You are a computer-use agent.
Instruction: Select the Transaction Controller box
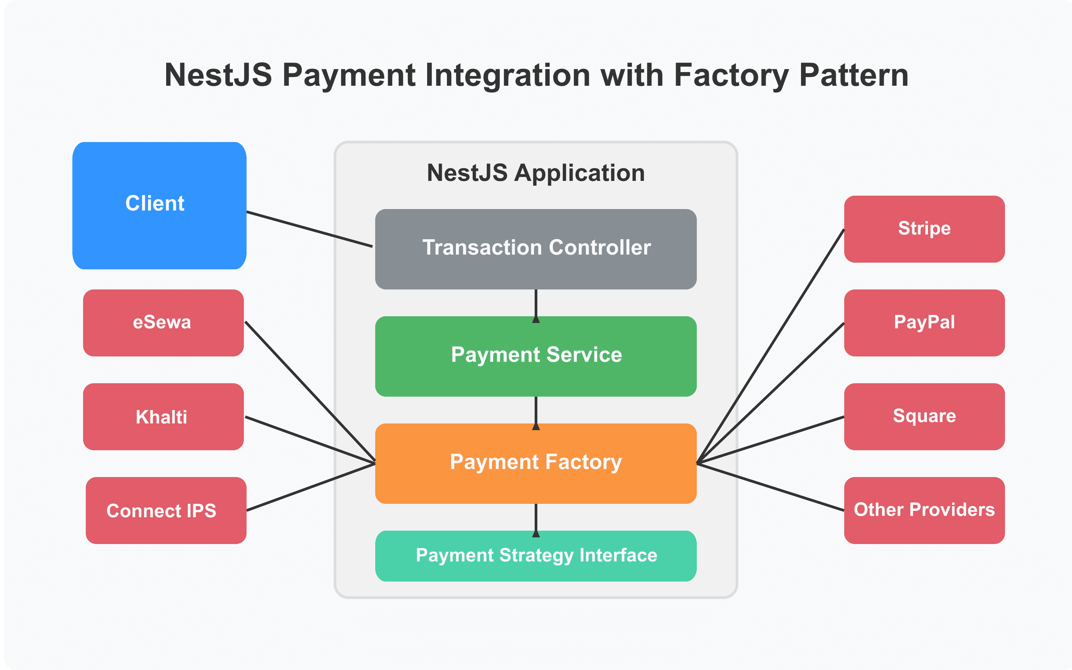(536, 249)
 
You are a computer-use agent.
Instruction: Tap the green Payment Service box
(536, 356)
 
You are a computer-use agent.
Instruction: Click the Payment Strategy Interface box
(536, 556)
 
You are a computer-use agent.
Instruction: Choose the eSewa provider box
(163, 323)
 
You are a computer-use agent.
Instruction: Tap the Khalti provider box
(163, 416)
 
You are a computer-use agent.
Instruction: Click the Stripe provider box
(924, 229)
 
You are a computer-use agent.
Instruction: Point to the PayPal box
(924, 323)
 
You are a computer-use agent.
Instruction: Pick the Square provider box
(924, 416)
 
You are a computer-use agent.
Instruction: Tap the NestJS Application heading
(536, 173)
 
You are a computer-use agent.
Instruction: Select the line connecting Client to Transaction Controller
(309, 229)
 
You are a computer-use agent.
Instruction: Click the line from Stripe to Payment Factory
(771, 346)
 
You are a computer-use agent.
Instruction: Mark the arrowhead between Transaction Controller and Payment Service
(536, 319)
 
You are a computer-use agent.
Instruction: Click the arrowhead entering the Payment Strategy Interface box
(536, 534)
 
